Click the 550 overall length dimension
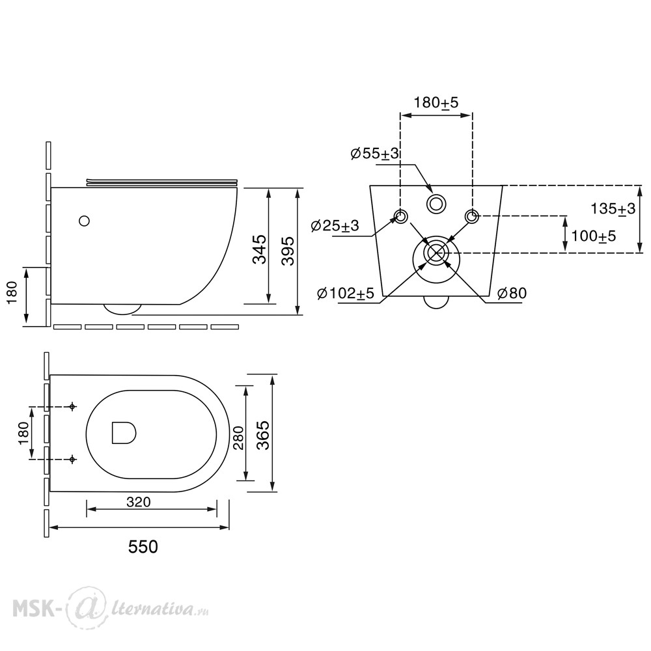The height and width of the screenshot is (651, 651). (143, 547)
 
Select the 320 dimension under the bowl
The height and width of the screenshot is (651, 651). (138, 503)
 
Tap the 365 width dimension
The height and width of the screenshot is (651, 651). (262, 435)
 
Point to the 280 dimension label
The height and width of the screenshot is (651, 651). (238, 437)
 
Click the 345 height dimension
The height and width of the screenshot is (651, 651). (260, 249)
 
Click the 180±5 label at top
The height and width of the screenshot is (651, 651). (436, 102)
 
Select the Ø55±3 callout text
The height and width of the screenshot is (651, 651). (374, 154)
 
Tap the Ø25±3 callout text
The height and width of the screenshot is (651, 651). (335, 226)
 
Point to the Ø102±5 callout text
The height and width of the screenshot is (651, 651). (346, 294)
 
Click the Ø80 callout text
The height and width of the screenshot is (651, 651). (512, 294)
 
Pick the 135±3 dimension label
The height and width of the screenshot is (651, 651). (613, 208)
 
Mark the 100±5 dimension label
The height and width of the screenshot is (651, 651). (594, 236)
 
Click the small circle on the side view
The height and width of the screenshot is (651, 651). (84, 221)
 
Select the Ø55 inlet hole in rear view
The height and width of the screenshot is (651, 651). (436, 204)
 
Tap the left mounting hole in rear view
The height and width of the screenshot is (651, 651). (400, 216)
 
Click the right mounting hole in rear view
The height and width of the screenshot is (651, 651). (471, 216)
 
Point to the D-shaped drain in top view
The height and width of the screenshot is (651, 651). (124, 433)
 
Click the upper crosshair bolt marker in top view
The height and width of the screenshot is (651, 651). (72, 406)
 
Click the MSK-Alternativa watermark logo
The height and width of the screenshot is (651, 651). (110, 609)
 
